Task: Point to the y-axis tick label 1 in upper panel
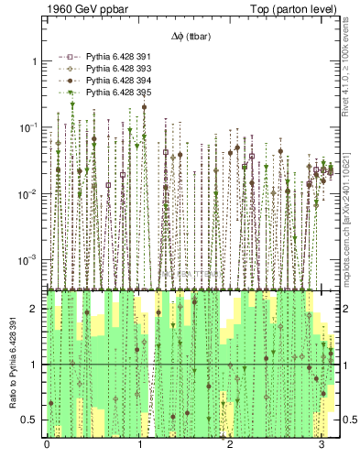coord(34,61)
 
